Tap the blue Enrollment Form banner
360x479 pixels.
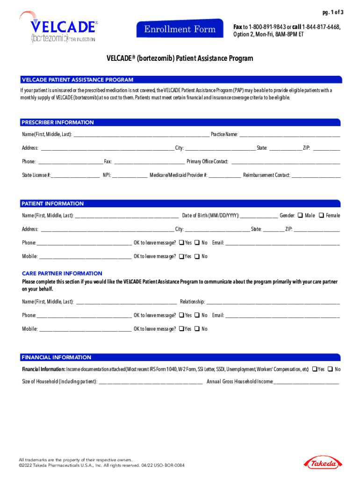point(180,30)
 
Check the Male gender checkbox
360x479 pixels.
point(300,215)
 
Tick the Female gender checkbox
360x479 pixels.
point(321,215)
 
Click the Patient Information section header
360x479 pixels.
point(53,203)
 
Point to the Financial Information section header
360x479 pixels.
point(57,357)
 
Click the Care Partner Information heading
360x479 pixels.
point(62,273)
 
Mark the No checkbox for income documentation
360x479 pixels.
point(331,369)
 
